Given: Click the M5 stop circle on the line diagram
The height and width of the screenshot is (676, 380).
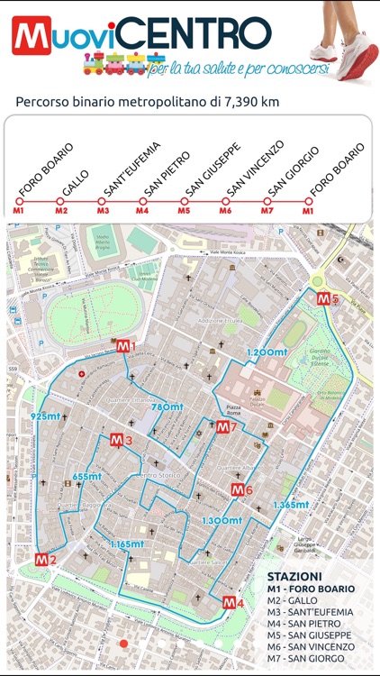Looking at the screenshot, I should click(184, 201).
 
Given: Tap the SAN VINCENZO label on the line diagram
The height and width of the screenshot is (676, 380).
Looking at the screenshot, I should click(243, 169).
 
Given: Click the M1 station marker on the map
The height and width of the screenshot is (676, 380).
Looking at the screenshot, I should click(124, 347).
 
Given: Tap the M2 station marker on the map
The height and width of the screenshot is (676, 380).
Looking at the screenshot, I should click(45, 560).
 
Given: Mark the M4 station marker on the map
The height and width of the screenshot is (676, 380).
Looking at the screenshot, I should click(233, 603).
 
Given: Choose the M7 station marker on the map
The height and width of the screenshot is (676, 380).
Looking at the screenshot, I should click(224, 427).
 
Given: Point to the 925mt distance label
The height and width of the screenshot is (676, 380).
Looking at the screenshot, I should click(44, 416).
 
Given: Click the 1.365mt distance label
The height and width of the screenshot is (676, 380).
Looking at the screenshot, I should click(291, 505).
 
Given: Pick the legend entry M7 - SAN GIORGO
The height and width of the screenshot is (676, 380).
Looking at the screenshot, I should click(307, 658).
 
